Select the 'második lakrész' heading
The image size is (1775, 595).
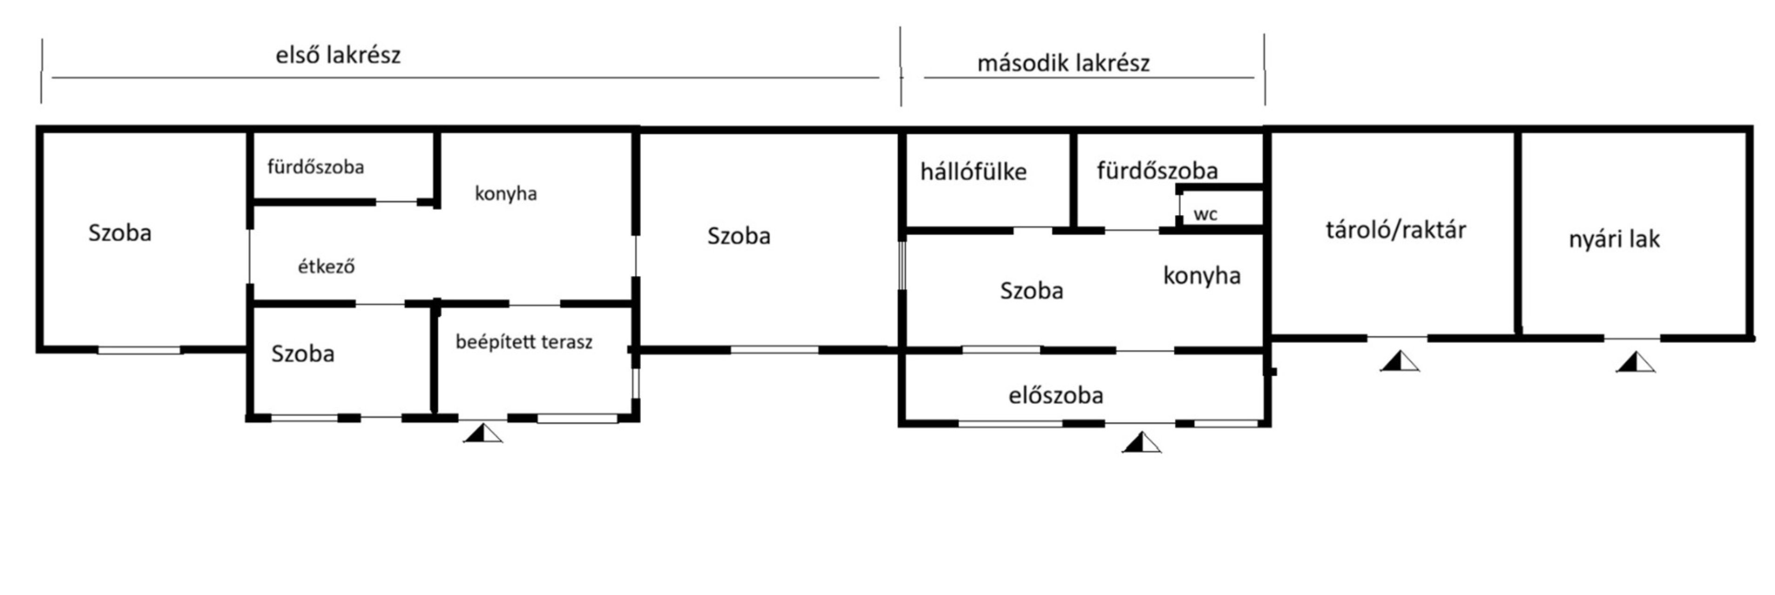click(x=1063, y=63)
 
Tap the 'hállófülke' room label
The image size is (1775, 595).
click(x=973, y=172)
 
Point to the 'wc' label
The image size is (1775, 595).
click(x=1205, y=214)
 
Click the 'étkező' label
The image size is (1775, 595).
click(x=326, y=266)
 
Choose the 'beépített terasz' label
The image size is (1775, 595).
click(x=524, y=342)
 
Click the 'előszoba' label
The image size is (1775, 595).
click(x=1055, y=395)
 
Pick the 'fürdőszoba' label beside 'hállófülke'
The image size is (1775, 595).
click(x=1157, y=170)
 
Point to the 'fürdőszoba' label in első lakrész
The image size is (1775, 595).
click(x=315, y=167)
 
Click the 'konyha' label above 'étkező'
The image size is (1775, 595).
click(x=506, y=193)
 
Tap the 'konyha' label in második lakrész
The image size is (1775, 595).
click(x=1202, y=276)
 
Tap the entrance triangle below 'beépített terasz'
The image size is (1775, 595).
click(x=483, y=434)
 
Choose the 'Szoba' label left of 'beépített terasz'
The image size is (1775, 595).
click(x=302, y=354)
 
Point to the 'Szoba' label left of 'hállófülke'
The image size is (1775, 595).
click(x=739, y=236)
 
